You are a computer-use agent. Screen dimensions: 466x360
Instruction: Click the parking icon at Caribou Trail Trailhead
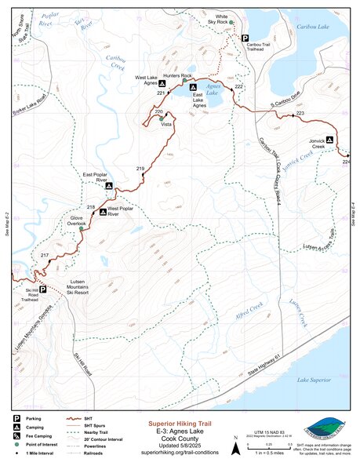[x=245, y=38]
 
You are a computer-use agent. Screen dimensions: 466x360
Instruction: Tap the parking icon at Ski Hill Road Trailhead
[x=43, y=289]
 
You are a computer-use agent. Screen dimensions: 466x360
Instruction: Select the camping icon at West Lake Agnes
[x=162, y=82]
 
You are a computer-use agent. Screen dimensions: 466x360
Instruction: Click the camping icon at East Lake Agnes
[x=193, y=86]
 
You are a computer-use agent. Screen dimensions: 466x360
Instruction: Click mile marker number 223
[x=300, y=115]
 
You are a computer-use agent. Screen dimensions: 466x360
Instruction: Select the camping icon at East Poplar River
[x=108, y=186]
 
